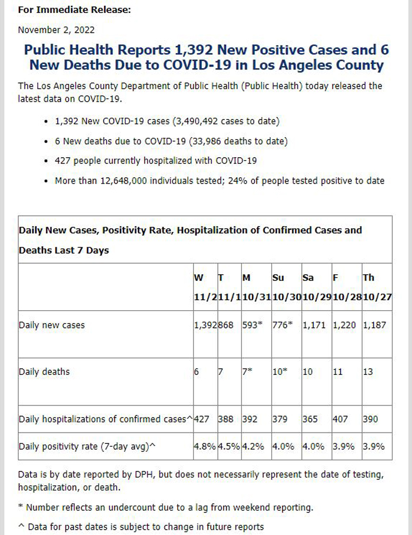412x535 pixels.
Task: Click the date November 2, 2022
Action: click(57, 30)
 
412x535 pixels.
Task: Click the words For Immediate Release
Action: click(74, 9)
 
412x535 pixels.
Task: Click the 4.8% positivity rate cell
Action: click(205, 446)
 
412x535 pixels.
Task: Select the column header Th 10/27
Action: click(377, 287)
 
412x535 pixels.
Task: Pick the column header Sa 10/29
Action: click(317, 287)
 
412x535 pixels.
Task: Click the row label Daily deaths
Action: click(44, 372)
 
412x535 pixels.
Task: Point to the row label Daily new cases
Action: click(52, 325)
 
